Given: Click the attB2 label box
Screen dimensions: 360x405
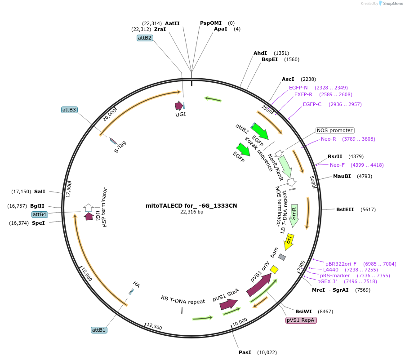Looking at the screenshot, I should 145,38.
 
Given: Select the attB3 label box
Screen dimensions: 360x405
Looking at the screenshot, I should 69,110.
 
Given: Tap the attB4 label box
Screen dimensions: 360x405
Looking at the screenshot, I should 40,214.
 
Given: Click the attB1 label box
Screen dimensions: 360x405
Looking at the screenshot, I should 99,330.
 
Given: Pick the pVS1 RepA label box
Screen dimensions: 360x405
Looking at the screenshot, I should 301,320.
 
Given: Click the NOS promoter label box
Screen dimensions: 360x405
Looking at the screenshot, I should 335,130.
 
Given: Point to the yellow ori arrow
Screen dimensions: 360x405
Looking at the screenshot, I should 289,241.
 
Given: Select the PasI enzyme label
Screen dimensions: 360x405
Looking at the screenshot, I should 245,352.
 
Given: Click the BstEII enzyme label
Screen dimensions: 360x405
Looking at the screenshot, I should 345,209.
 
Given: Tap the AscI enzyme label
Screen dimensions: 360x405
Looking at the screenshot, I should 288,79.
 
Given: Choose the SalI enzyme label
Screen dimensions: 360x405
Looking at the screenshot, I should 40,191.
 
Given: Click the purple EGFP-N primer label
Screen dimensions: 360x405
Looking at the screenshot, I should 298,88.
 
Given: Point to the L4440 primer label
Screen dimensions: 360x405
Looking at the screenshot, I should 331,270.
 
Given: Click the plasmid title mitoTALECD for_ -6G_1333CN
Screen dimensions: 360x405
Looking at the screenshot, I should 191,206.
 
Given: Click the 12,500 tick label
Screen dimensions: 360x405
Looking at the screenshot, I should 154,327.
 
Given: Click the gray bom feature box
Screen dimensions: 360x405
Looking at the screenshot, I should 282,257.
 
